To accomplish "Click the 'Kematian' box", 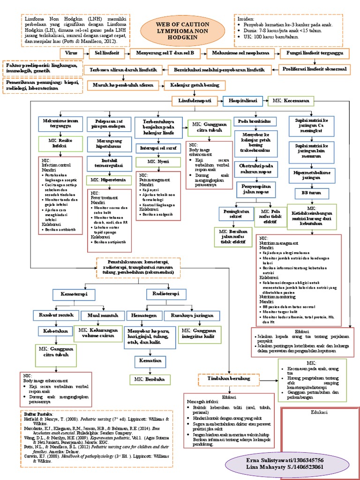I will (150, 361).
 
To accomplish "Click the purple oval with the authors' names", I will (288, 464).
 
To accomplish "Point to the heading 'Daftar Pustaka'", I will (38, 415).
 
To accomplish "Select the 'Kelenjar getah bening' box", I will (194, 85).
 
